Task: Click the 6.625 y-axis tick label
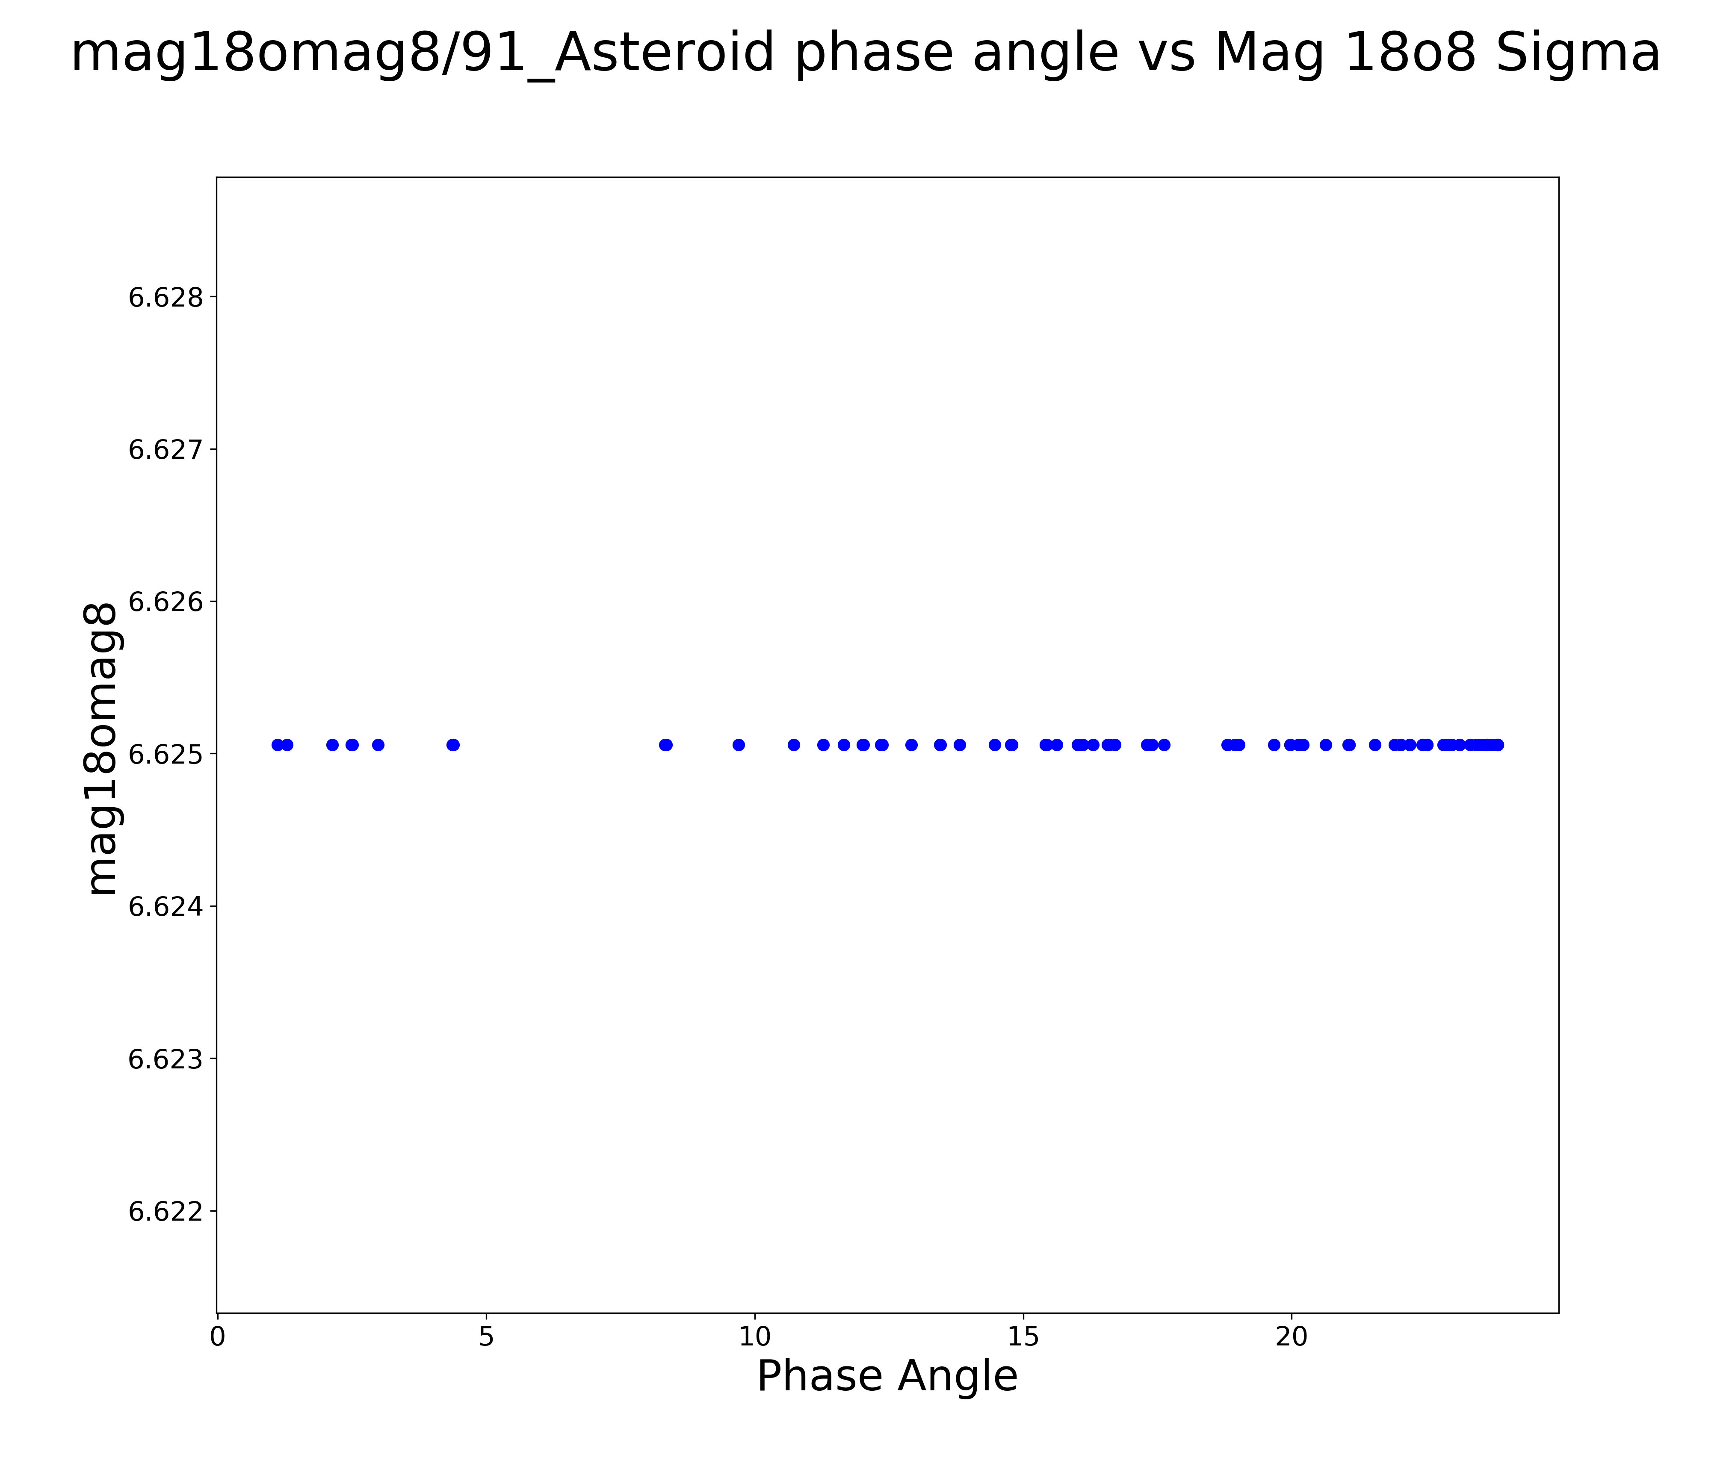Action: (x=166, y=755)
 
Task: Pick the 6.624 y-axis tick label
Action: (x=166, y=907)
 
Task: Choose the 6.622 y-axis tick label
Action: (x=166, y=1212)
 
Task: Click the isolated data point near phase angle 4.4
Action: (x=453, y=745)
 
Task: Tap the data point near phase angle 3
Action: (x=378, y=745)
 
